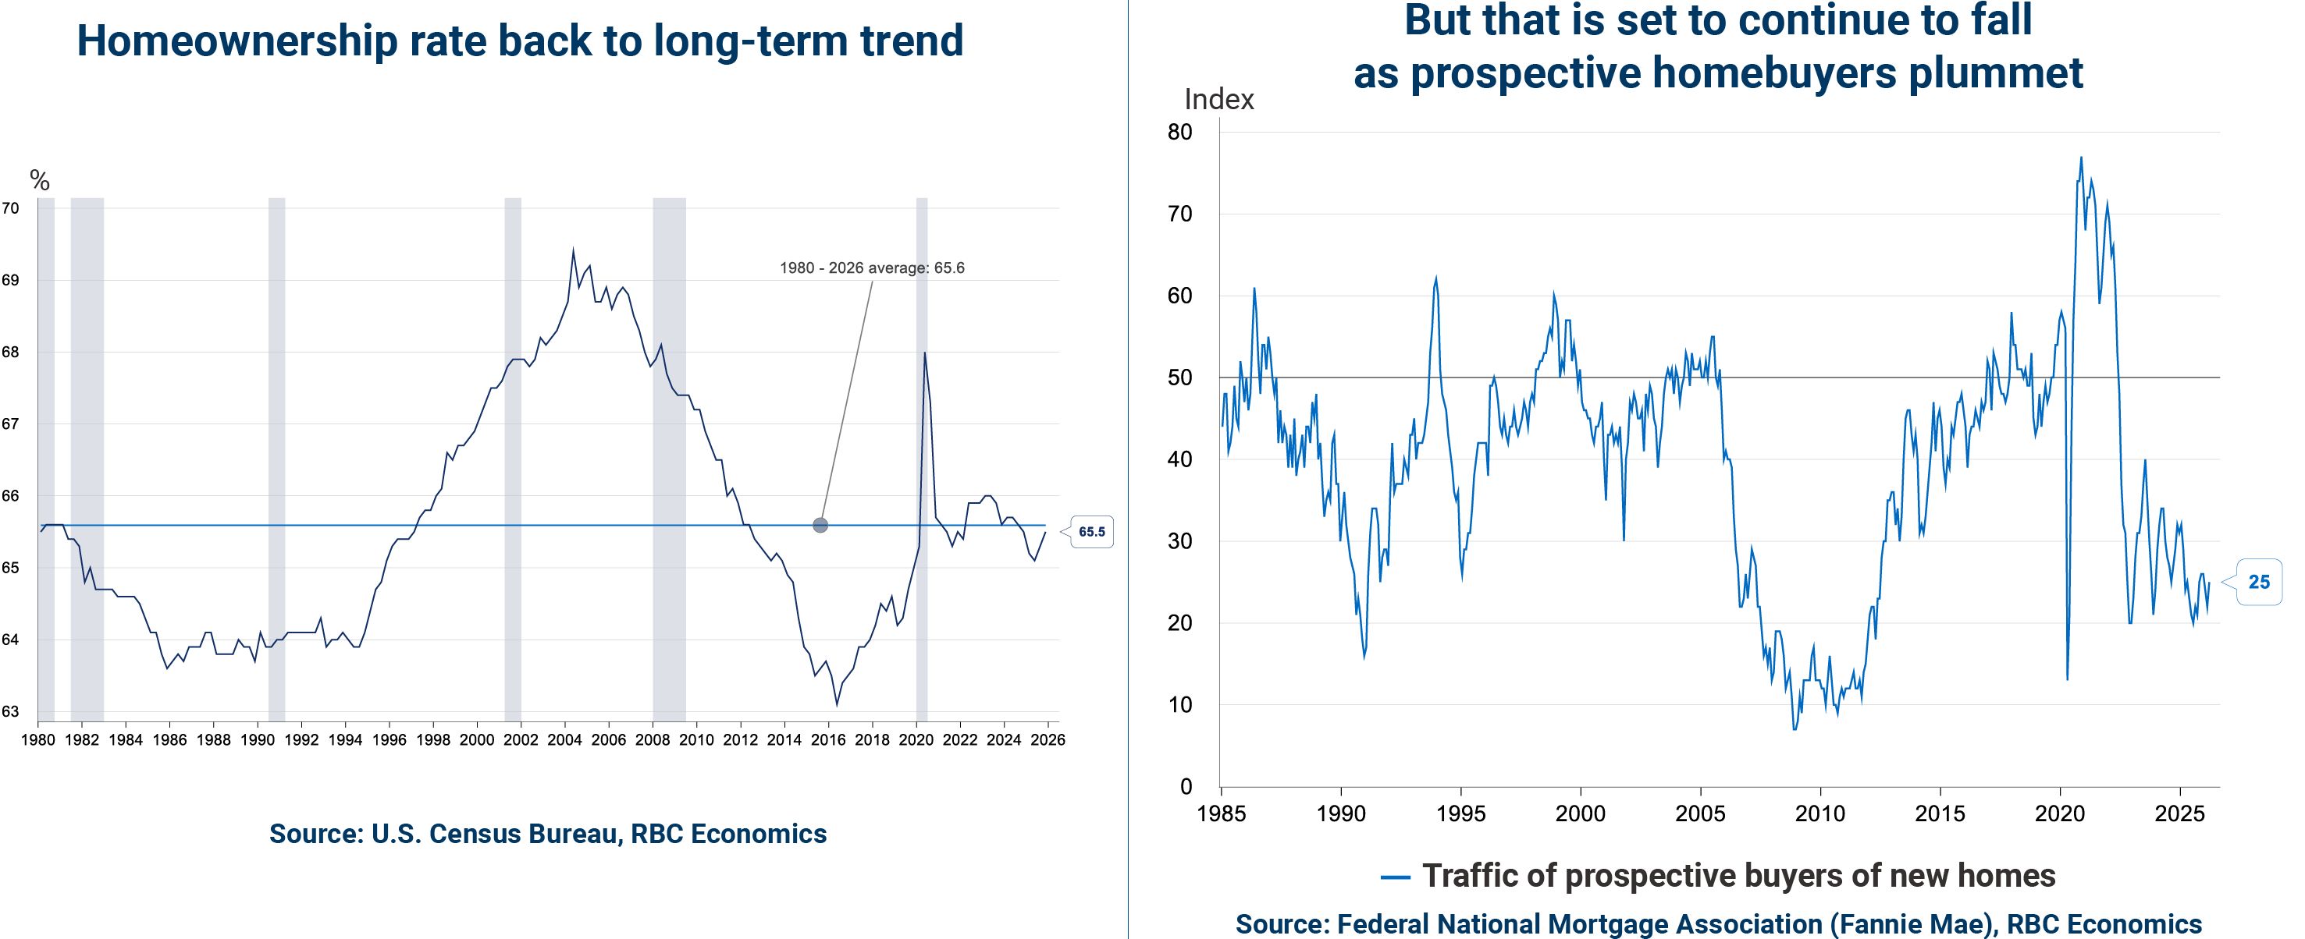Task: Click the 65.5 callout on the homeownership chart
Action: click(x=1092, y=532)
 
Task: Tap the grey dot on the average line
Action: click(x=820, y=525)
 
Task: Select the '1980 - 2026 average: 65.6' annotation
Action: click(x=872, y=268)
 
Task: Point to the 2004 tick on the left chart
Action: click(x=564, y=740)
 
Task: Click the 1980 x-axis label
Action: click(x=37, y=740)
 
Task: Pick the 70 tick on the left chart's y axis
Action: click(x=10, y=208)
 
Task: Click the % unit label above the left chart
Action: click(x=39, y=182)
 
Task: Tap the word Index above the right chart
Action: click(x=1218, y=99)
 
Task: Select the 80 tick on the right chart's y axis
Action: click(x=1180, y=133)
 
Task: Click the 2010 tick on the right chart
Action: click(x=1820, y=813)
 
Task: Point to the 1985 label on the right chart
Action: click(x=1222, y=813)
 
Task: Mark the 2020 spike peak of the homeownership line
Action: click(x=924, y=353)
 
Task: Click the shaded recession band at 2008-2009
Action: click(x=669, y=447)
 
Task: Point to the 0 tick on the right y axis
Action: click(x=1186, y=787)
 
